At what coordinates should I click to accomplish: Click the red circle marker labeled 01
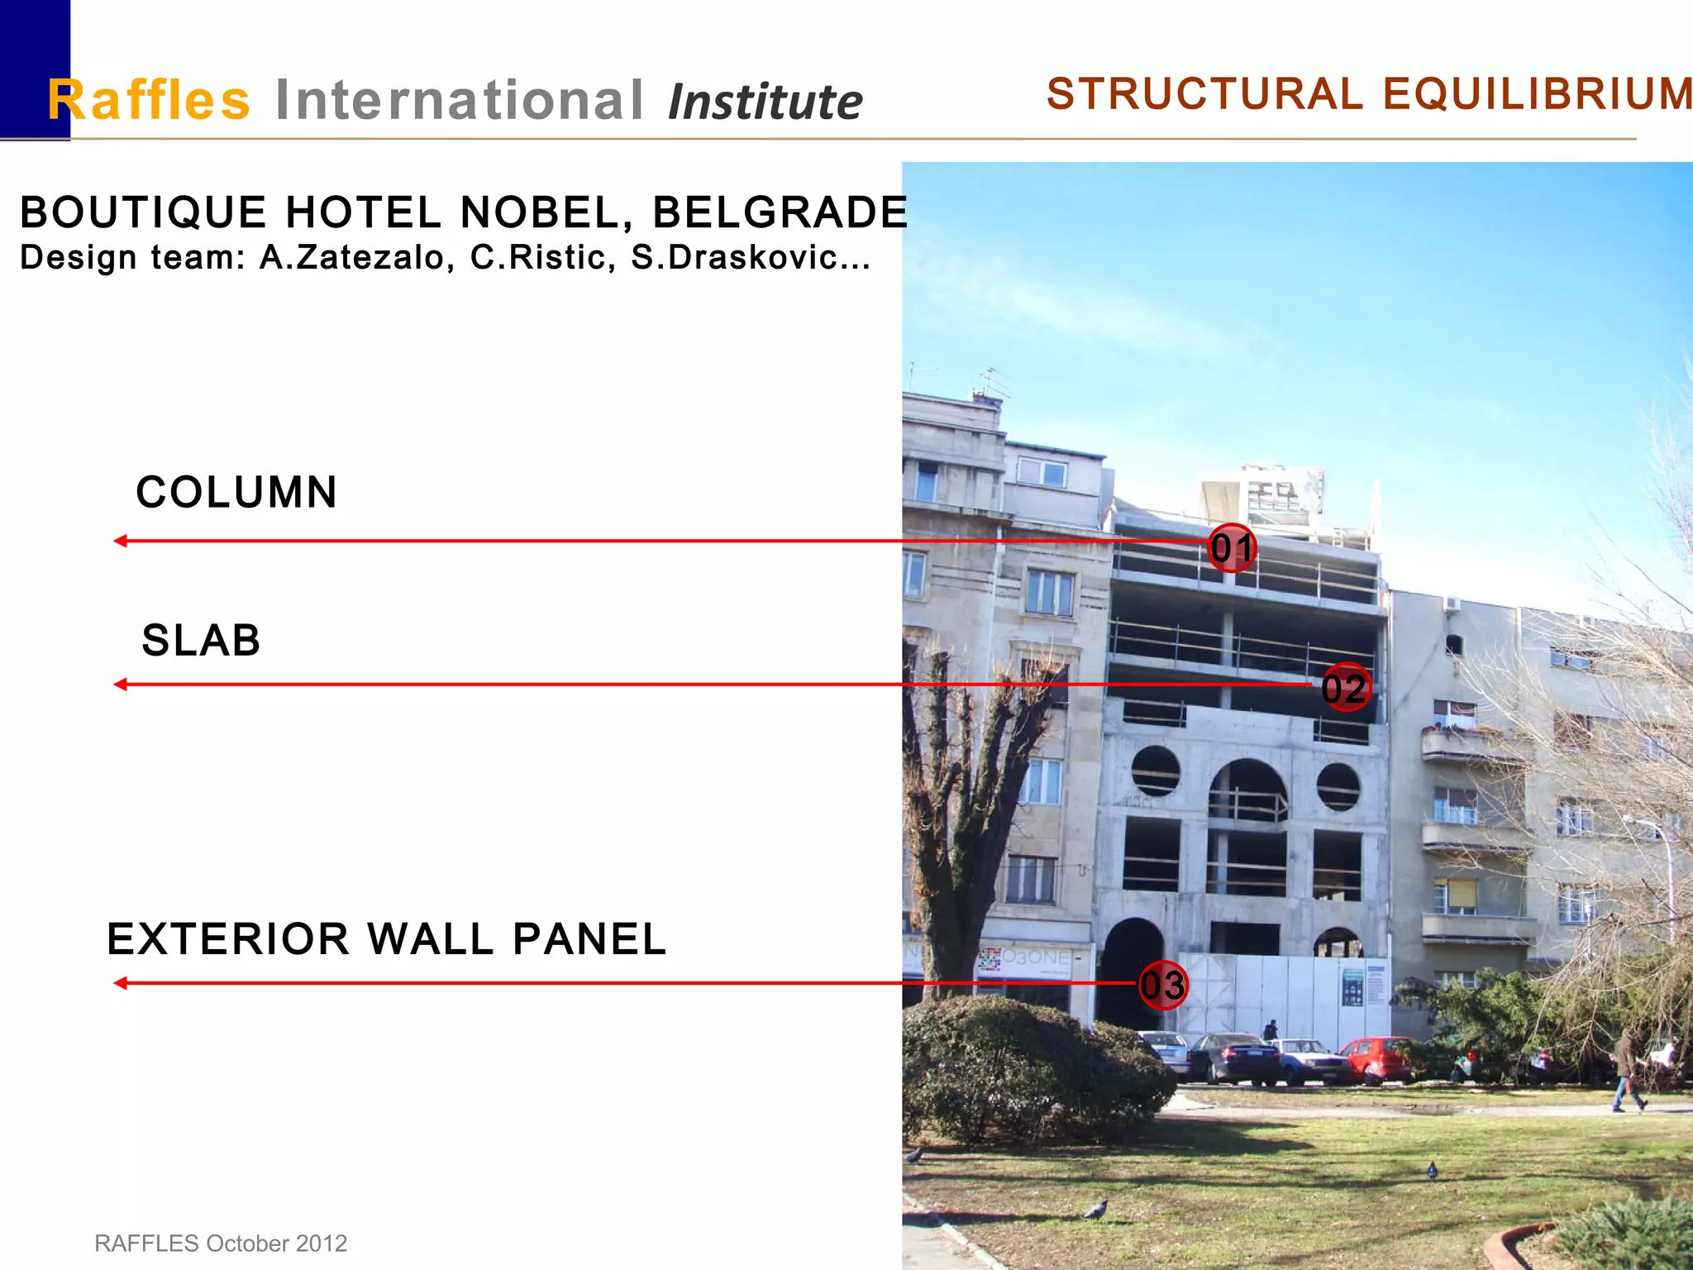coord(1232,547)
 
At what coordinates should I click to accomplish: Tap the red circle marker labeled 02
coord(1344,687)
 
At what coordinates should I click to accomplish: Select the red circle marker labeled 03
coord(1163,985)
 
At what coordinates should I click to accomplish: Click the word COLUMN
coord(236,493)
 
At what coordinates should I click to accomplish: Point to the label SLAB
coord(201,641)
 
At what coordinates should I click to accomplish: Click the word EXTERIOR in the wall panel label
coord(228,939)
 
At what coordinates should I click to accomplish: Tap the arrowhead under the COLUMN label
coord(121,541)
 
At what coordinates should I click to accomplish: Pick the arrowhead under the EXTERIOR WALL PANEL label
coord(121,983)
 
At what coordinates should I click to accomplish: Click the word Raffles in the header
coord(149,100)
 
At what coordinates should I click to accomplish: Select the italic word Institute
coord(765,103)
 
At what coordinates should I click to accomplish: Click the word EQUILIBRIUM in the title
coord(1538,93)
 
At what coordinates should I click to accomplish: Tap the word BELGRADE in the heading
coord(780,212)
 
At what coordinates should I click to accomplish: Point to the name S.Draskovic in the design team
coord(751,257)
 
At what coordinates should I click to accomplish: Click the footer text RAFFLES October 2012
coord(221,1244)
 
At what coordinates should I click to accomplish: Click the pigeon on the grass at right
coord(1433,1169)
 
